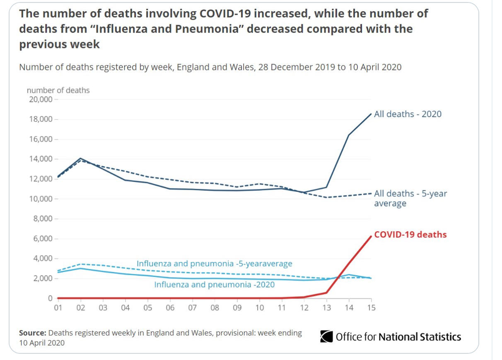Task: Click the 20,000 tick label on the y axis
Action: pyautogui.click(x=40, y=99)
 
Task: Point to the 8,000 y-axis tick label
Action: pyautogui.click(x=42, y=219)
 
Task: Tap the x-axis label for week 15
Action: pyautogui.click(x=371, y=308)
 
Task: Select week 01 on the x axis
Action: pyautogui.click(x=58, y=308)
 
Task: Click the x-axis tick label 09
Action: pyautogui.click(x=237, y=308)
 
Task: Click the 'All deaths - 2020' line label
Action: pyautogui.click(x=408, y=114)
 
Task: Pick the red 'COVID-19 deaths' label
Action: pyautogui.click(x=410, y=235)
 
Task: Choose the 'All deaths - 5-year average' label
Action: pyautogui.click(x=410, y=198)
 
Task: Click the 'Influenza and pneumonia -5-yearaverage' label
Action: pyautogui.click(x=215, y=264)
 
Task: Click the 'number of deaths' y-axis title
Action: pyautogui.click(x=58, y=90)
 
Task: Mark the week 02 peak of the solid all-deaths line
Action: pyautogui.click(x=81, y=158)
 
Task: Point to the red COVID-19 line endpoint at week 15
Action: pyautogui.click(x=371, y=236)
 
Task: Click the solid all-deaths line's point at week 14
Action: pyautogui.click(x=349, y=135)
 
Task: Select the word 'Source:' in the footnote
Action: pyautogui.click(x=33, y=333)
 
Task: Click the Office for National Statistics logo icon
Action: pyautogui.click(x=326, y=336)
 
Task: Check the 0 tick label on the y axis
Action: pyautogui.click(x=50, y=298)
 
